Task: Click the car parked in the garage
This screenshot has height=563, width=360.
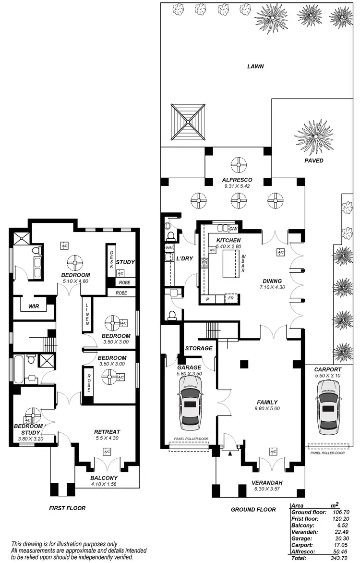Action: point(190,403)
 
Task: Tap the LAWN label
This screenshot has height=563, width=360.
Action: point(255,67)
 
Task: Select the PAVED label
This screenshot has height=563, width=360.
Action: point(314,160)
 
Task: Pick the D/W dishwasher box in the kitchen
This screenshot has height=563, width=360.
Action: point(234,228)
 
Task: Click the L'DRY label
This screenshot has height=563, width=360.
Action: point(184,258)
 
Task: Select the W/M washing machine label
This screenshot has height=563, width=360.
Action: point(168,247)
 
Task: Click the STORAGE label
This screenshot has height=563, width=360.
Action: point(199,348)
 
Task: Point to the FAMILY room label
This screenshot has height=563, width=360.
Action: point(267,403)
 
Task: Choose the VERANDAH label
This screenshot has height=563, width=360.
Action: point(267,483)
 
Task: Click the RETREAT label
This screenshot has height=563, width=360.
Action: point(107,432)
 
